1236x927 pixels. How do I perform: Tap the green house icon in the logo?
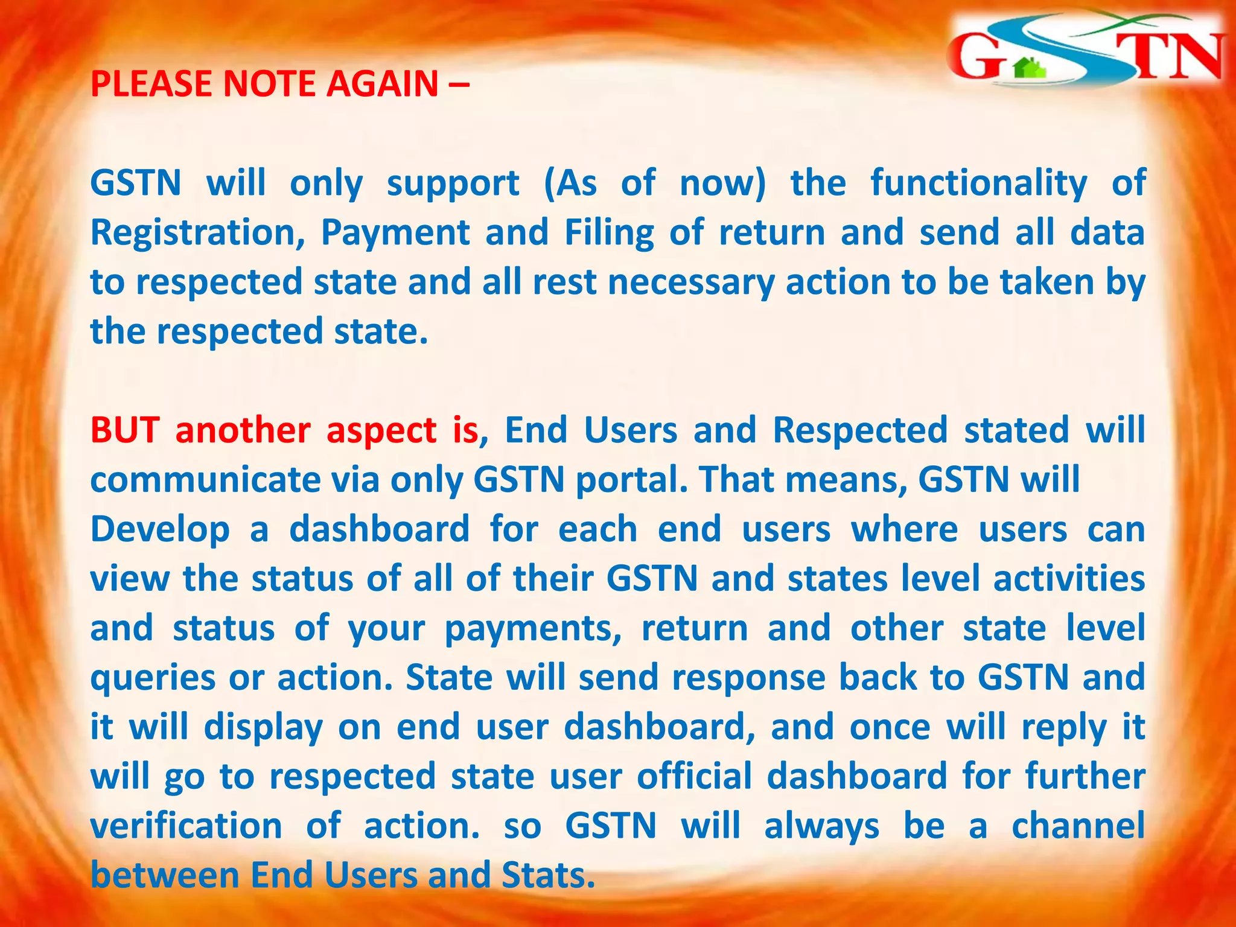point(1030,68)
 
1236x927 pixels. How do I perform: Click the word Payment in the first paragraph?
point(395,234)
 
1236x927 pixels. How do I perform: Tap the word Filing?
point(609,234)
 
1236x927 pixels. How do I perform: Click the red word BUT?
point(124,430)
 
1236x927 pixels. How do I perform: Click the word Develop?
point(160,530)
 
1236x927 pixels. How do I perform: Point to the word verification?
point(186,826)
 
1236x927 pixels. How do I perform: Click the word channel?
point(1078,826)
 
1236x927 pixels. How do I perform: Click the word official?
point(694,777)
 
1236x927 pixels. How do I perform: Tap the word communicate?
point(205,481)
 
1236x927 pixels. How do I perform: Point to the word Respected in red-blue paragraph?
point(860,430)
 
